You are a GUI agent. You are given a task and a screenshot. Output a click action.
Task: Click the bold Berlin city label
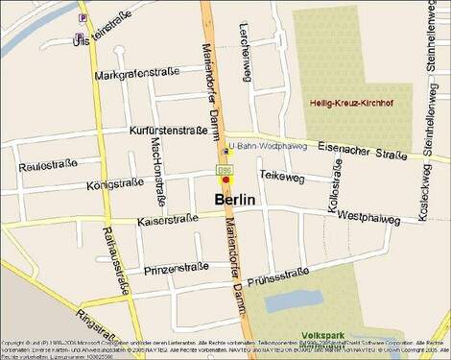tap(235, 200)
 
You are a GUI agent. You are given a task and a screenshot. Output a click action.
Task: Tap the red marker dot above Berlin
tap(225, 180)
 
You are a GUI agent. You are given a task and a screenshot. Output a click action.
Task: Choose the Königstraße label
tap(115, 183)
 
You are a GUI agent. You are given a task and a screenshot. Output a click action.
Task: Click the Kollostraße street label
tap(335, 190)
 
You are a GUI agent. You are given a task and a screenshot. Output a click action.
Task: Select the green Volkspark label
tap(319, 324)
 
